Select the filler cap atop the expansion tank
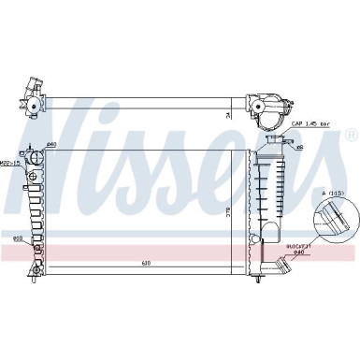(x=275, y=141)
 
